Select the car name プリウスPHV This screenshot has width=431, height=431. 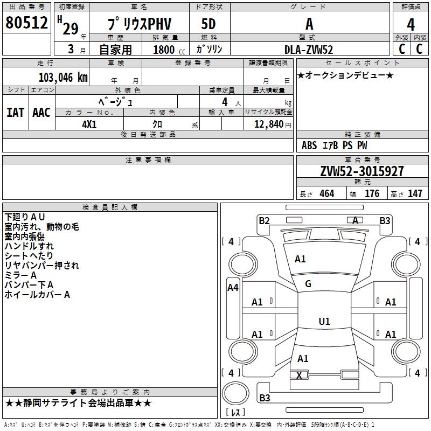[x=138, y=24]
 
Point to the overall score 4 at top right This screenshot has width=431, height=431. [x=411, y=24]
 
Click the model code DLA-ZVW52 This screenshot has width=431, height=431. [x=309, y=49]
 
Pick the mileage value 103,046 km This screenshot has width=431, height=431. [x=63, y=78]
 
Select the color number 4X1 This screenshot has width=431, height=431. [x=89, y=123]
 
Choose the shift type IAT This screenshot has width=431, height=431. [x=15, y=113]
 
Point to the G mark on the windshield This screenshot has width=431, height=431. [x=308, y=284]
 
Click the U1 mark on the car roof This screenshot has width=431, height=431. [x=324, y=322]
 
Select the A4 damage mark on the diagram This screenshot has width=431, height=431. [x=233, y=288]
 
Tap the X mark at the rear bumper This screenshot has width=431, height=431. [x=299, y=374]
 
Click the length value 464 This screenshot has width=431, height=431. [x=326, y=194]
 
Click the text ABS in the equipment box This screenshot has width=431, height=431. [x=309, y=145]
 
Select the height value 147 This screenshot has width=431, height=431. [x=415, y=194]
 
